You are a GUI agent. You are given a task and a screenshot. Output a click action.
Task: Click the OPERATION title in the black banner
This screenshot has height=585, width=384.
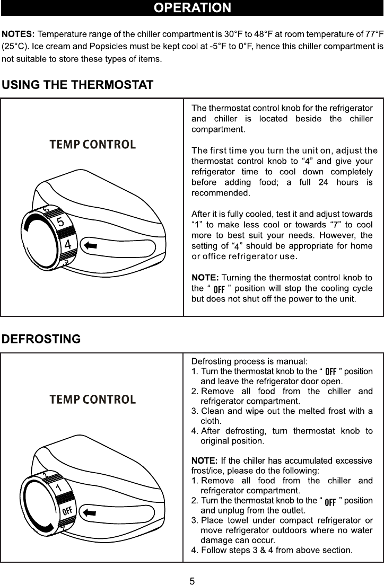192,8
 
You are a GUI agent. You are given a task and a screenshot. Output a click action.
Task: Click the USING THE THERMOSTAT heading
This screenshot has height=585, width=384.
78,85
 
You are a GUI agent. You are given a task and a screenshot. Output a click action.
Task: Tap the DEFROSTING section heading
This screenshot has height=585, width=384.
41,339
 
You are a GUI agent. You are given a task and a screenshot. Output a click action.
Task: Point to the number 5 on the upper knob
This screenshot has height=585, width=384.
61,223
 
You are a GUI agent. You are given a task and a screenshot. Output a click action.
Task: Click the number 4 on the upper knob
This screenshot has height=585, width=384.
68,245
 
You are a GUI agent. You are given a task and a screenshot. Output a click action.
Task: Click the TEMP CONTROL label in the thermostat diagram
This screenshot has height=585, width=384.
93,144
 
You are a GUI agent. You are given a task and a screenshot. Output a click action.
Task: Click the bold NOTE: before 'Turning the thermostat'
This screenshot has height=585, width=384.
204,278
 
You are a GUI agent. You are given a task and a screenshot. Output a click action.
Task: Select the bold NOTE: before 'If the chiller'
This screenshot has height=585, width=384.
204,460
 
